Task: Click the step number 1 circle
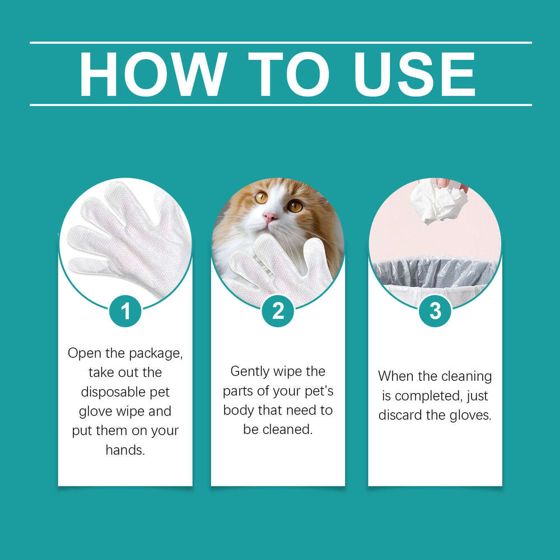coord(125,311)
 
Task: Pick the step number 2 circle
coord(278,311)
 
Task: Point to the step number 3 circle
coord(435,311)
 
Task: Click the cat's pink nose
coord(270,217)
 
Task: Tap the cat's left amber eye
coord(261,197)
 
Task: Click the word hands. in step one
coord(125,450)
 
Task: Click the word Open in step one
coord(82,353)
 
